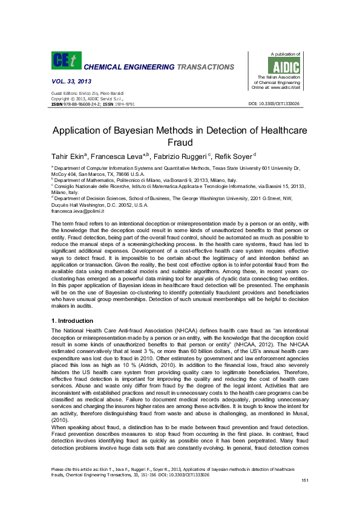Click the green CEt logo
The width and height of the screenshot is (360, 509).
(65, 60)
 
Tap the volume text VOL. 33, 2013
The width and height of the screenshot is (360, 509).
(71, 80)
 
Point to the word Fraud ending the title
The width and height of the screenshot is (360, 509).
(179, 143)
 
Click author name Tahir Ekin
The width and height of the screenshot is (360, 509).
(68, 157)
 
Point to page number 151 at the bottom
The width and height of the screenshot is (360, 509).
(305, 480)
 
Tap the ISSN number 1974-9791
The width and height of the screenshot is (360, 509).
(125, 104)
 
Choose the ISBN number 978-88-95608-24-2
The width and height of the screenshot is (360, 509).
(80, 104)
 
